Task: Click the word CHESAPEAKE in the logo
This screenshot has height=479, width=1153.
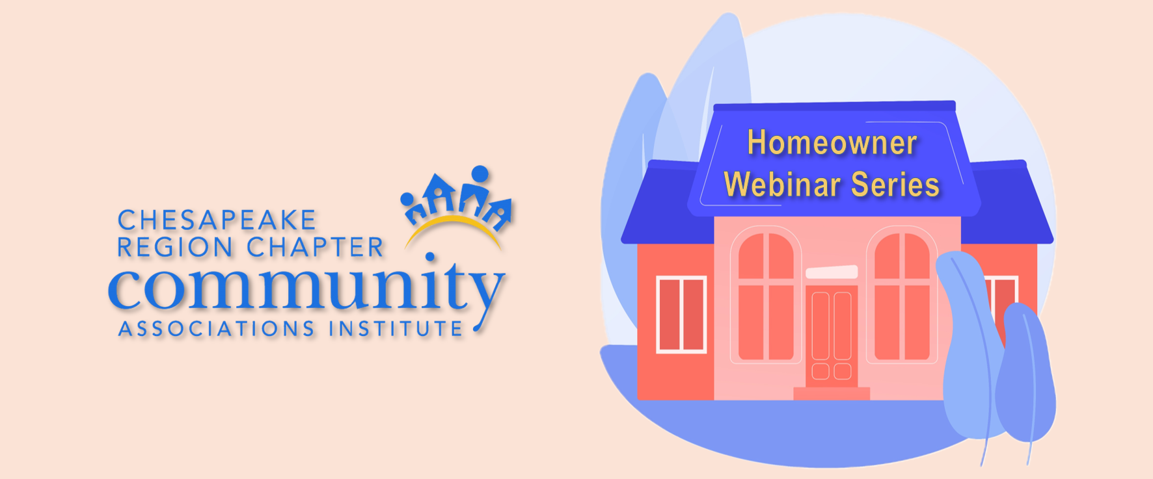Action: point(217,220)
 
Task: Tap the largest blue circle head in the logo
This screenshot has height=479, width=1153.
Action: point(480,174)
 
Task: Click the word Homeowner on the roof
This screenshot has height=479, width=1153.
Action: point(832,142)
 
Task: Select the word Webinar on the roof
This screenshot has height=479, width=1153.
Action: point(781,185)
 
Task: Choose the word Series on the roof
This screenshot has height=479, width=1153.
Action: point(895,185)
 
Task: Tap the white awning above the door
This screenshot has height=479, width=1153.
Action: point(832,272)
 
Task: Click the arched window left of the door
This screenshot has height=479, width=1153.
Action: point(766,296)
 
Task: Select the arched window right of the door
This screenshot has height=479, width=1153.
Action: point(902,296)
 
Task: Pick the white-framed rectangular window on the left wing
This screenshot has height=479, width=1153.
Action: point(681,315)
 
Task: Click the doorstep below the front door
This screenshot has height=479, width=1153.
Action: point(832,393)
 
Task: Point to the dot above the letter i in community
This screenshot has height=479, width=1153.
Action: point(429,256)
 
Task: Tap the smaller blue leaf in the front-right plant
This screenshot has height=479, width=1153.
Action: point(1025,374)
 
